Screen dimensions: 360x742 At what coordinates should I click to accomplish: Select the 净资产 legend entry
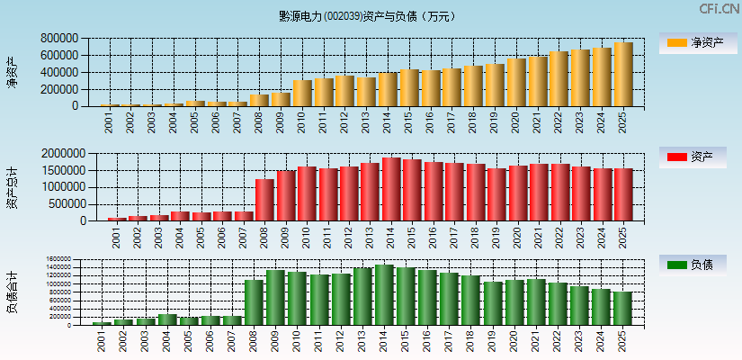[697, 42]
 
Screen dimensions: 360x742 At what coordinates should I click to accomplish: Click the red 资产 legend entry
[697, 157]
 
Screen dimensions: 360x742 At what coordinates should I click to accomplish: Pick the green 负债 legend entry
[697, 265]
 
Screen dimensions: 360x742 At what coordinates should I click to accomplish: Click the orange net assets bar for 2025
[623, 75]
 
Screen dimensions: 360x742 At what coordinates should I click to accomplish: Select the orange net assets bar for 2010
[301, 94]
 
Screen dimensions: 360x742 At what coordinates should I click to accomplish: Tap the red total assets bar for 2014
[391, 189]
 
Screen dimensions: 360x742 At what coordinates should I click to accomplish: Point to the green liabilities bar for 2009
[275, 297]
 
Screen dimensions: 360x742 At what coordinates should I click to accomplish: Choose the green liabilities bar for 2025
[623, 308]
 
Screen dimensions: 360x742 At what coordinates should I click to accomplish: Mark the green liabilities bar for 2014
[384, 294]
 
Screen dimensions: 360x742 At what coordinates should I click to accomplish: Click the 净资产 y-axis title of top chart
[12, 72]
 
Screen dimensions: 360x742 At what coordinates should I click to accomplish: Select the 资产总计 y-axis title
[12, 187]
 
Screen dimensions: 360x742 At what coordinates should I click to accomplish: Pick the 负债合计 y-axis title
[12, 292]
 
